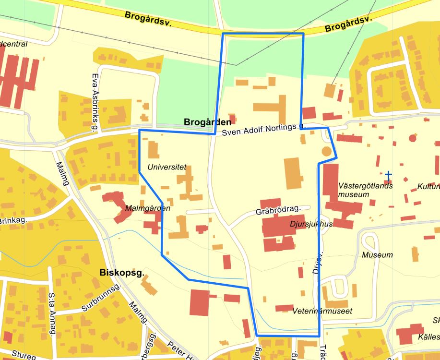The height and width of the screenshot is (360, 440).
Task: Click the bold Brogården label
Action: tap(207, 122)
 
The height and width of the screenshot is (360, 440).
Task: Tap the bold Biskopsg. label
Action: tap(122, 273)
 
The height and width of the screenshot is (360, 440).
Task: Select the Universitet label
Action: tap(166, 168)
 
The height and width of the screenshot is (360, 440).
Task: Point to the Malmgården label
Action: tap(147, 208)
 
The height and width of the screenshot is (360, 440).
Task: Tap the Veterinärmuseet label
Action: tap(322, 311)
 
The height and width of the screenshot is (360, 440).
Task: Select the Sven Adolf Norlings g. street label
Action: tap(263, 129)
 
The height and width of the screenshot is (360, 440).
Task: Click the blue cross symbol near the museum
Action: tap(388, 175)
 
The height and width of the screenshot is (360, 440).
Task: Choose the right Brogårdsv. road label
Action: tap(348, 24)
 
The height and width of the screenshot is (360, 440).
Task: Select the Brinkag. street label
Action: tap(13, 220)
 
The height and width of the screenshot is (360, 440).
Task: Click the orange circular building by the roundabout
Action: tap(326, 152)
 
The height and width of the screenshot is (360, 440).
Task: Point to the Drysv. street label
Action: tap(316, 262)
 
